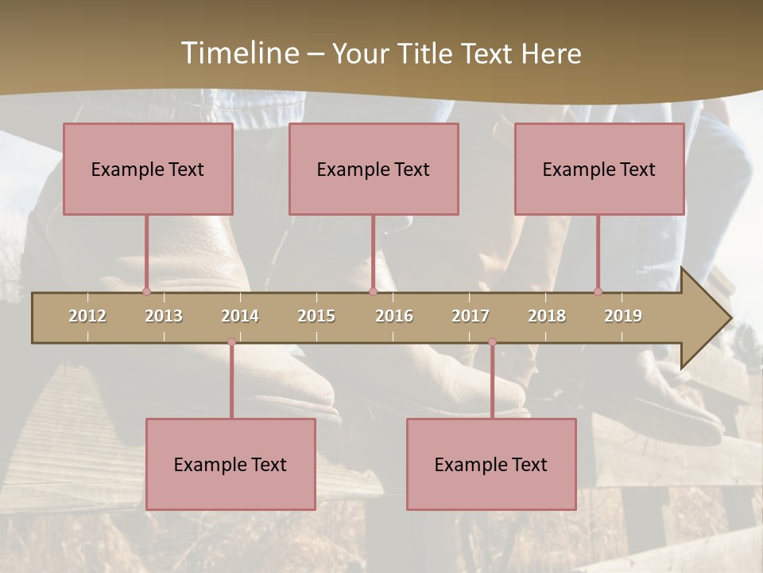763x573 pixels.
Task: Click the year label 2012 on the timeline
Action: point(87,316)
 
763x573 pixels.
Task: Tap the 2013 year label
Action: point(164,316)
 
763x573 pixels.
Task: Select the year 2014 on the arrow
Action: point(240,316)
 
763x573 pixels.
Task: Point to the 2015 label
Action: point(316,316)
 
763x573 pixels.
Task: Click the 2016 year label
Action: point(394,316)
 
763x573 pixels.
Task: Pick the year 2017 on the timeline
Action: point(471,316)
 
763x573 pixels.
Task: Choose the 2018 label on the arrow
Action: point(547,316)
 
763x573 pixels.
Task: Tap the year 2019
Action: point(623,316)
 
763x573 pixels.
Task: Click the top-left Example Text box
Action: point(148,169)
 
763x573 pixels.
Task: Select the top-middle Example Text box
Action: point(374,169)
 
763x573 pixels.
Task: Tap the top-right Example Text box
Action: point(599,169)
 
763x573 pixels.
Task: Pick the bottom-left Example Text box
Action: point(230,464)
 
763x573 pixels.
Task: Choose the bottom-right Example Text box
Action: point(491,464)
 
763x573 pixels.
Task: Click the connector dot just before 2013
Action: point(146,291)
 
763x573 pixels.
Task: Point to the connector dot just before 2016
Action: point(373,291)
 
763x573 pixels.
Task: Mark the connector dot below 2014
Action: point(231,342)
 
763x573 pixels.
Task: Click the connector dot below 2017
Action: point(492,342)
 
